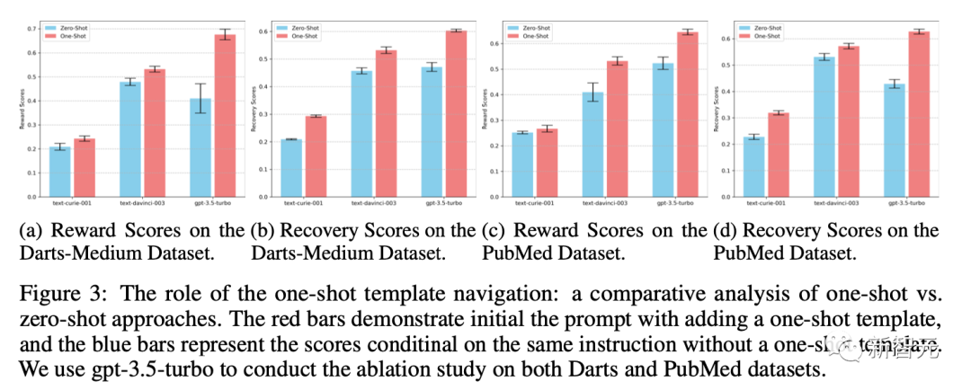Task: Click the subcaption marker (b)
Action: pyautogui.click(x=260, y=230)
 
